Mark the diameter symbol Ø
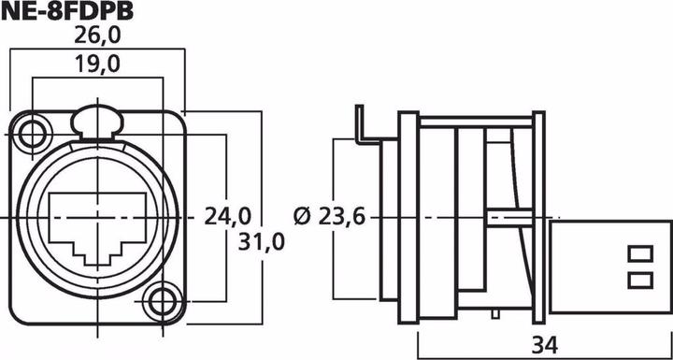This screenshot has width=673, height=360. pyautogui.click(x=302, y=217)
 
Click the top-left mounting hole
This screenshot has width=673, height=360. pyautogui.click(x=34, y=133)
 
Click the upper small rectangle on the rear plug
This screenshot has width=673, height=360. pyautogui.click(x=640, y=253)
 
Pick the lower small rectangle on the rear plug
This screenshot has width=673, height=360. pyautogui.click(x=640, y=279)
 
